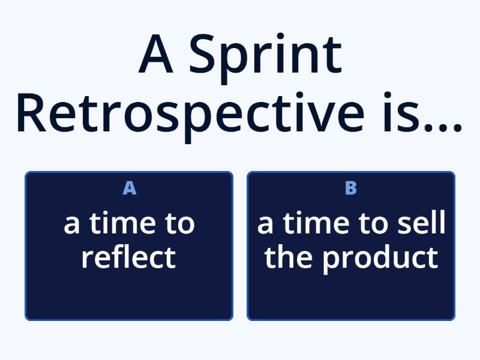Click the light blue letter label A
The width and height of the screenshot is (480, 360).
point(129,188)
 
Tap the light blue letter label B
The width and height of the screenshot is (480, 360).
point(351,188)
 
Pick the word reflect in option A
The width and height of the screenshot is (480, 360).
point(128,257)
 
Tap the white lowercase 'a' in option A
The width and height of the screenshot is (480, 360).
point(72,226)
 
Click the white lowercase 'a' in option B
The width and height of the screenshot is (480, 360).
point(266,226)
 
